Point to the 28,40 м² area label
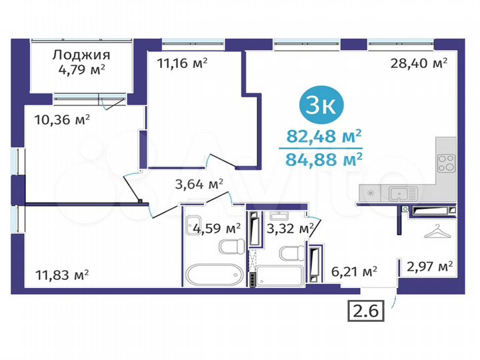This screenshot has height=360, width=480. coord(419,63)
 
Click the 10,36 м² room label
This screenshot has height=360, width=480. coord(62,120)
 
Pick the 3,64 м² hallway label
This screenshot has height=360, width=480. coord(198,183)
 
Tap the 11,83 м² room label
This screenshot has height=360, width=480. coord(62,274)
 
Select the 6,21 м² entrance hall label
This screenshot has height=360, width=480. coord(354,271)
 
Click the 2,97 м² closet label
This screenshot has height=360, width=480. coord(429,266)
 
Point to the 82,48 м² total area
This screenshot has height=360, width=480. coord(324,136)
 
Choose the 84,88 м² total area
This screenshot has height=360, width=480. coord(324,158)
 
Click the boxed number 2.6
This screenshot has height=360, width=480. coord(366,310)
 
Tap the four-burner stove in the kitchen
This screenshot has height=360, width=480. coord(445,163)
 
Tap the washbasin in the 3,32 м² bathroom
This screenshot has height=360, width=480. coord(277,217)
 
